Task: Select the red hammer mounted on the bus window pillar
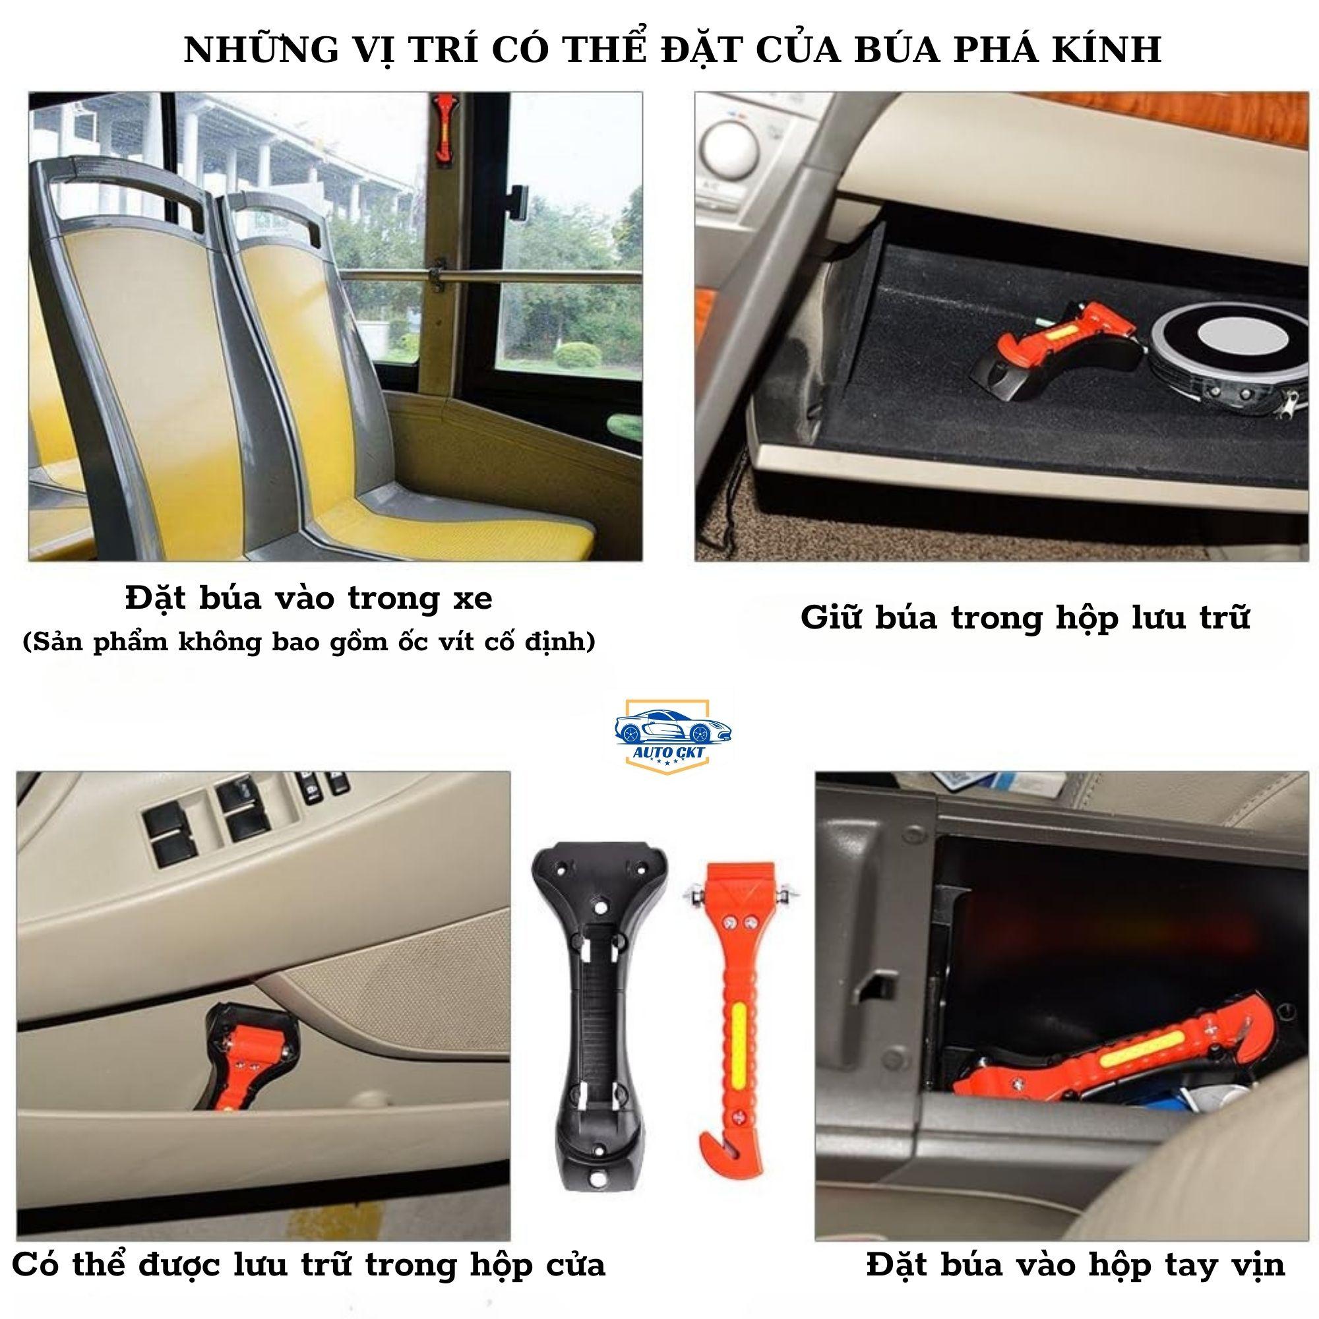443,129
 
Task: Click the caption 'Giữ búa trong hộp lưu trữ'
1025,618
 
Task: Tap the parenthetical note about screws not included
309,642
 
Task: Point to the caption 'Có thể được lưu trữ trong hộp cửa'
309,1264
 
